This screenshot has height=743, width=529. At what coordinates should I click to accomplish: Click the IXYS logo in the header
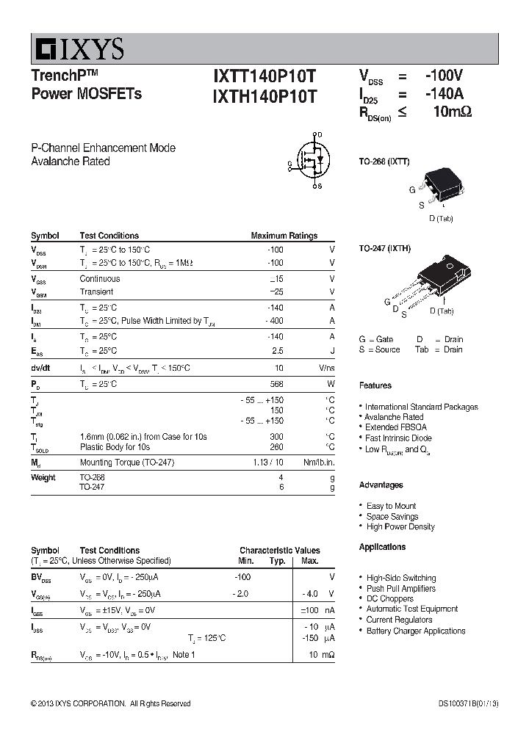(78, 50)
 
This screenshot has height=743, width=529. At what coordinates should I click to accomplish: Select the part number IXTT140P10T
(265, 76)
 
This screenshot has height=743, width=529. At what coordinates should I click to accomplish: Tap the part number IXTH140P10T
(265, 96)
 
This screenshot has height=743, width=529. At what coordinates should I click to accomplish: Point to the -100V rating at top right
(444, 76)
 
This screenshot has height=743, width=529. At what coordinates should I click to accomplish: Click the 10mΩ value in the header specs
(451, 112)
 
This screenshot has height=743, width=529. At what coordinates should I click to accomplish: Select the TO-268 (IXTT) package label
(384, 161)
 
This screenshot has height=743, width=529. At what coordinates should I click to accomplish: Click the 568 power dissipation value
(276, 384)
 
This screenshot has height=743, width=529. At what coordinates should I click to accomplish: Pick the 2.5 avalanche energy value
(276, 352)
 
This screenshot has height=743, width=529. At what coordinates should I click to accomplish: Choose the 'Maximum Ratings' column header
(284, 236)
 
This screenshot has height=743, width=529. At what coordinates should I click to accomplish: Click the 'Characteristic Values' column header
(279, 550)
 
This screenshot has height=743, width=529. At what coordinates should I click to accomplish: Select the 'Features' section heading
(375, 385)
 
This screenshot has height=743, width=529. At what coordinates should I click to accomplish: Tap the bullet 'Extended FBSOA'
(395, 427)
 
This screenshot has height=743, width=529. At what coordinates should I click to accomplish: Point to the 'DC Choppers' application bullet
(390, 598)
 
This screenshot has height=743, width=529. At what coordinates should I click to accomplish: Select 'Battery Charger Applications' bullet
(415, 631)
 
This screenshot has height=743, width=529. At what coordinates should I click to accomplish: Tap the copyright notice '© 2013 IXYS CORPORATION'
(110, 703)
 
